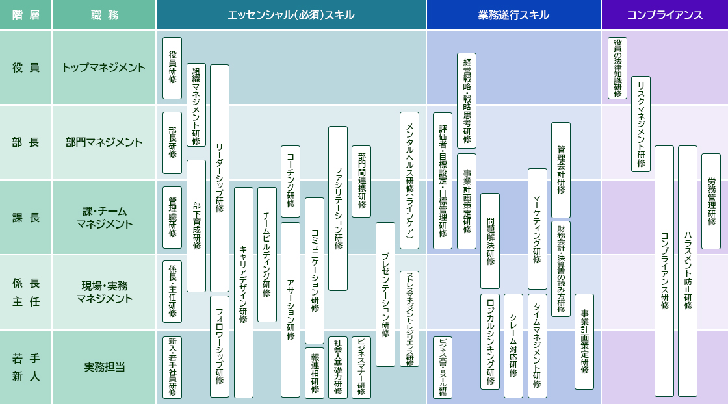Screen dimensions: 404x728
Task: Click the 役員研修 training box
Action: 172,68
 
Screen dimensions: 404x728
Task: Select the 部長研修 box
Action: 172,143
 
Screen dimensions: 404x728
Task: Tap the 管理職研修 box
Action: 172,218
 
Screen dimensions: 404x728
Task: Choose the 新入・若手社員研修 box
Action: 172,367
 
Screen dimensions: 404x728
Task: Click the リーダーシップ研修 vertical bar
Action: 220,178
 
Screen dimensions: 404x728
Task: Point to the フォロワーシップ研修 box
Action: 220,346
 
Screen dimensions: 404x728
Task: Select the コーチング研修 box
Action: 291,181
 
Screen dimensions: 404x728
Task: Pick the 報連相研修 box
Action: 315,373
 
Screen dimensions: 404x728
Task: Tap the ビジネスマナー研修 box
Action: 361,367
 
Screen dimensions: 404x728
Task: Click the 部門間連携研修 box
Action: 361,181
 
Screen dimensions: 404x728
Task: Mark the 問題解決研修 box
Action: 490,240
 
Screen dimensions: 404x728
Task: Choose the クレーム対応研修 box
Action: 513,346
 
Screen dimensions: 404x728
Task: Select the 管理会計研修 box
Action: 561,170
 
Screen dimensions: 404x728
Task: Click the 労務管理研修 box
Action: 711,201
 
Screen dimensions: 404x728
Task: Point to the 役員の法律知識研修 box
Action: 617,68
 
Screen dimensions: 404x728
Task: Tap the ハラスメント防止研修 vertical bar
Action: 688,271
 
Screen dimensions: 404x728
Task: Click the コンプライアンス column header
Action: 664,15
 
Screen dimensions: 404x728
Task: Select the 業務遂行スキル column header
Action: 513,15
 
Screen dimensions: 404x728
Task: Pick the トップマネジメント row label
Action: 104,68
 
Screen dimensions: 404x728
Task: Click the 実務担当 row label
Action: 104,367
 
